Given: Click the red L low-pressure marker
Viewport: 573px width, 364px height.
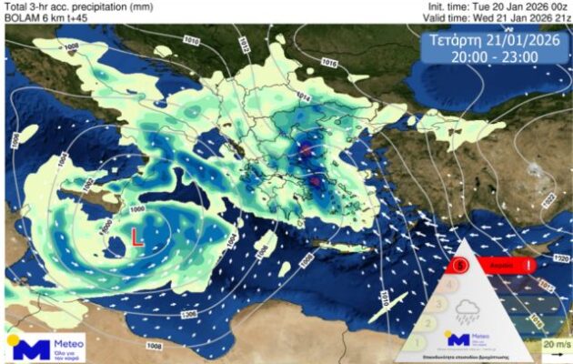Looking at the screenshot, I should [136, 238].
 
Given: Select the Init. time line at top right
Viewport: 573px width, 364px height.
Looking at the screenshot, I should [498, 6].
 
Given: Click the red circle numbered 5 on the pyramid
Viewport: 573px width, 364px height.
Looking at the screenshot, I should [461, 265].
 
